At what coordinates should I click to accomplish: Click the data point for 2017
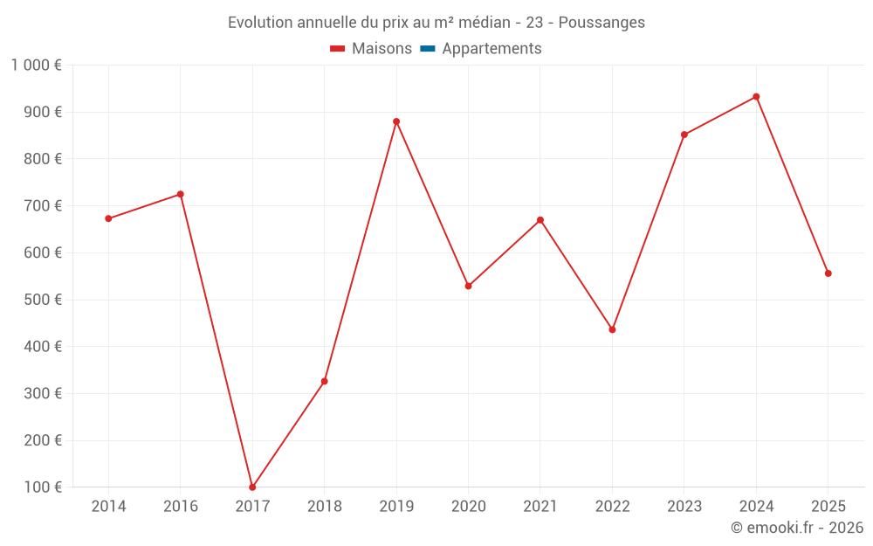(252, 487)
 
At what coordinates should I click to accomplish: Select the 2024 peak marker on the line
(756, 97)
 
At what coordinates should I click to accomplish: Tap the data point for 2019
(396, 121)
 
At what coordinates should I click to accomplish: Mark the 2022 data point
(612, 329)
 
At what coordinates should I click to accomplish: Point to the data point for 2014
(108, 218)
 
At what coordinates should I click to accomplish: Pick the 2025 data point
(828, 273)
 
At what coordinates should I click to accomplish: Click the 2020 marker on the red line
(468, 286)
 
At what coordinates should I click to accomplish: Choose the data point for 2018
(324, 381)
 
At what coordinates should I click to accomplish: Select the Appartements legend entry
(491, 49)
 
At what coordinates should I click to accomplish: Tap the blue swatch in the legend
(428, 49)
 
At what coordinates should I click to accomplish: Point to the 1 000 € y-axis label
(36, 66)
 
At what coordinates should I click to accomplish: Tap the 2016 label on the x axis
(180, 507)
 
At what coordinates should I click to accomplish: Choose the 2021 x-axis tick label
(540, 507)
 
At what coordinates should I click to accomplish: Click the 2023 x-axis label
(684, 507)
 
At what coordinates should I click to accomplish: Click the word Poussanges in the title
(601, 23)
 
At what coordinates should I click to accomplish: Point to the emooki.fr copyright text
(796, 528)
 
